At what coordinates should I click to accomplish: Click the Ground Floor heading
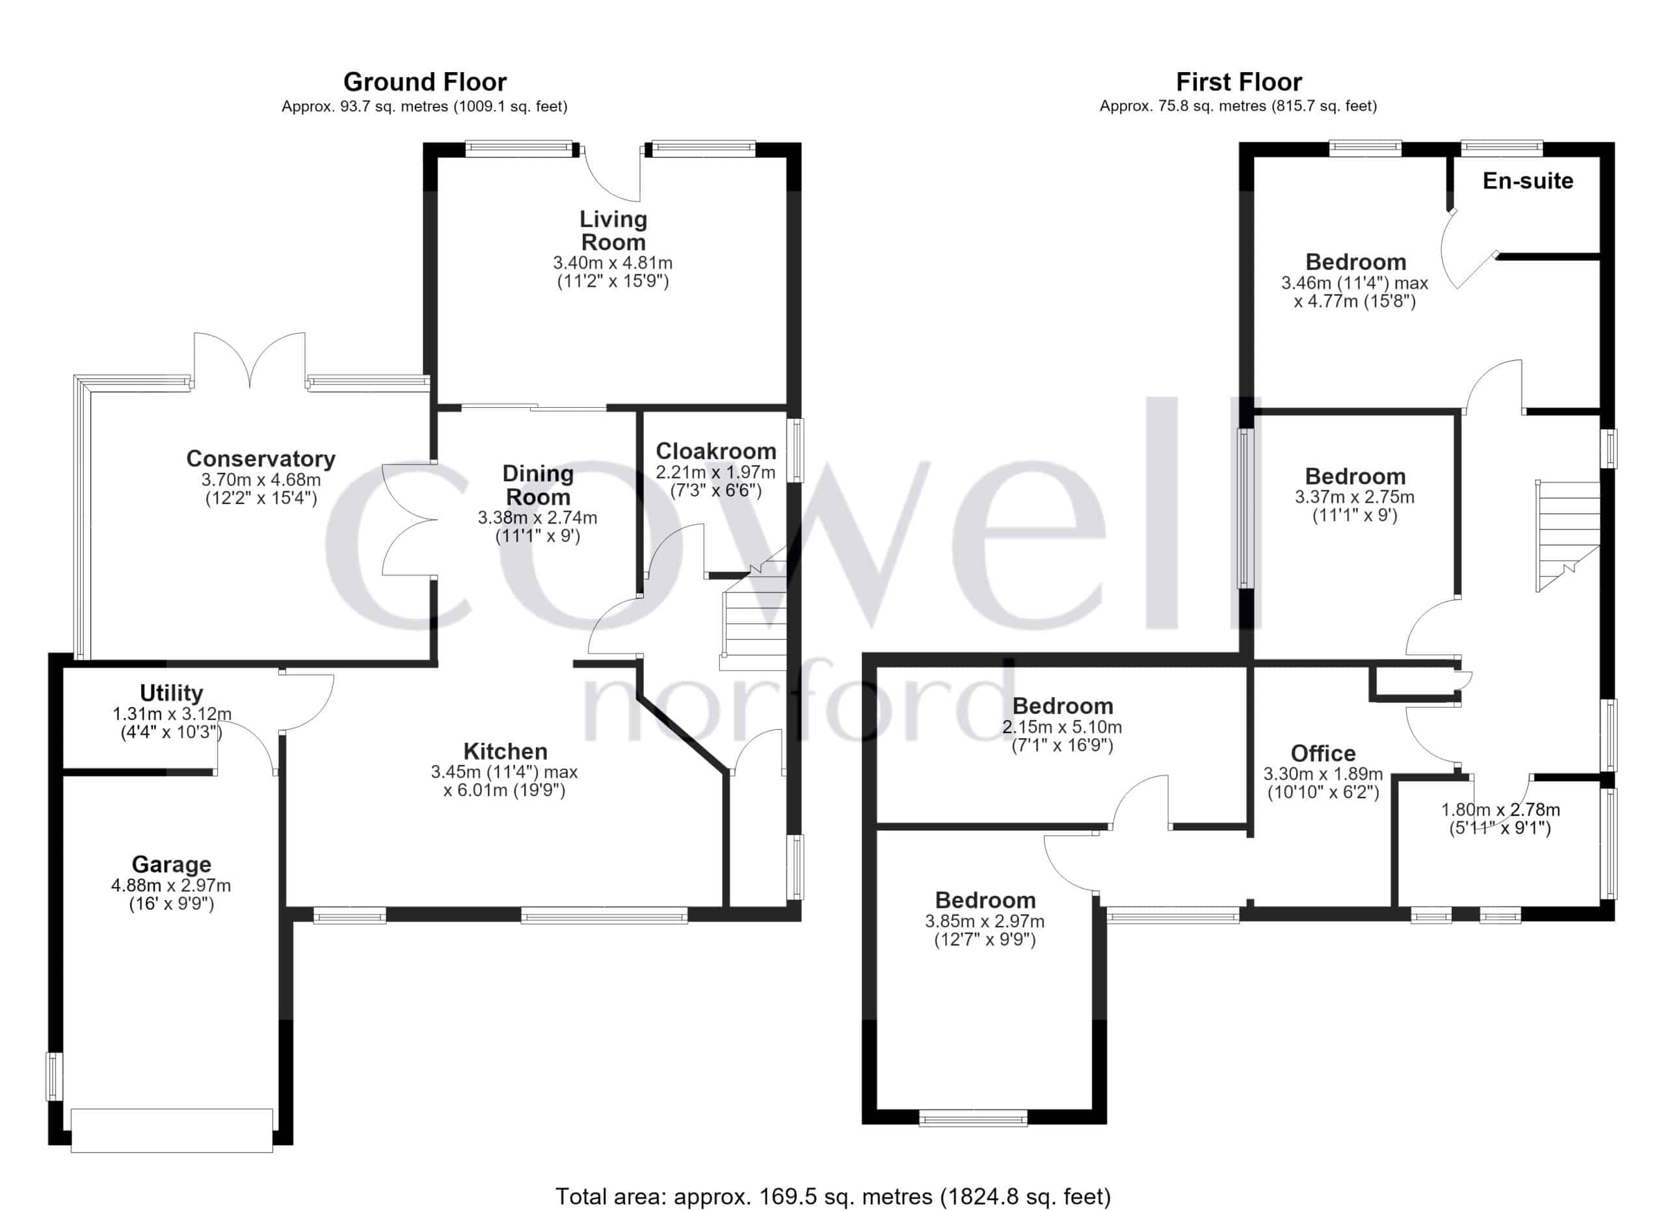(x=425, y=81)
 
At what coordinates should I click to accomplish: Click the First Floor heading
(x=1238, y=81)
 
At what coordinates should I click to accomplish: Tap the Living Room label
(x=613, y=230)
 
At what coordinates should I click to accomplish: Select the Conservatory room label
(x=261, y=459)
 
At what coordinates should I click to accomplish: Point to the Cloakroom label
(x=716, y=451)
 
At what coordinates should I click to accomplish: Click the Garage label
(x=171, y=864)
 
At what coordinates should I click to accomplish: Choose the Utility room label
(x=171, y=693)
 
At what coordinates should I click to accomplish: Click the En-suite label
(x=1528, y=181)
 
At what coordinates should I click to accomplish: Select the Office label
(x=1323, y=753)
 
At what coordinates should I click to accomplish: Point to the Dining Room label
(x=538, y=485)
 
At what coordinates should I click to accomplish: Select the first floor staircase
(x=1567, y=536)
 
